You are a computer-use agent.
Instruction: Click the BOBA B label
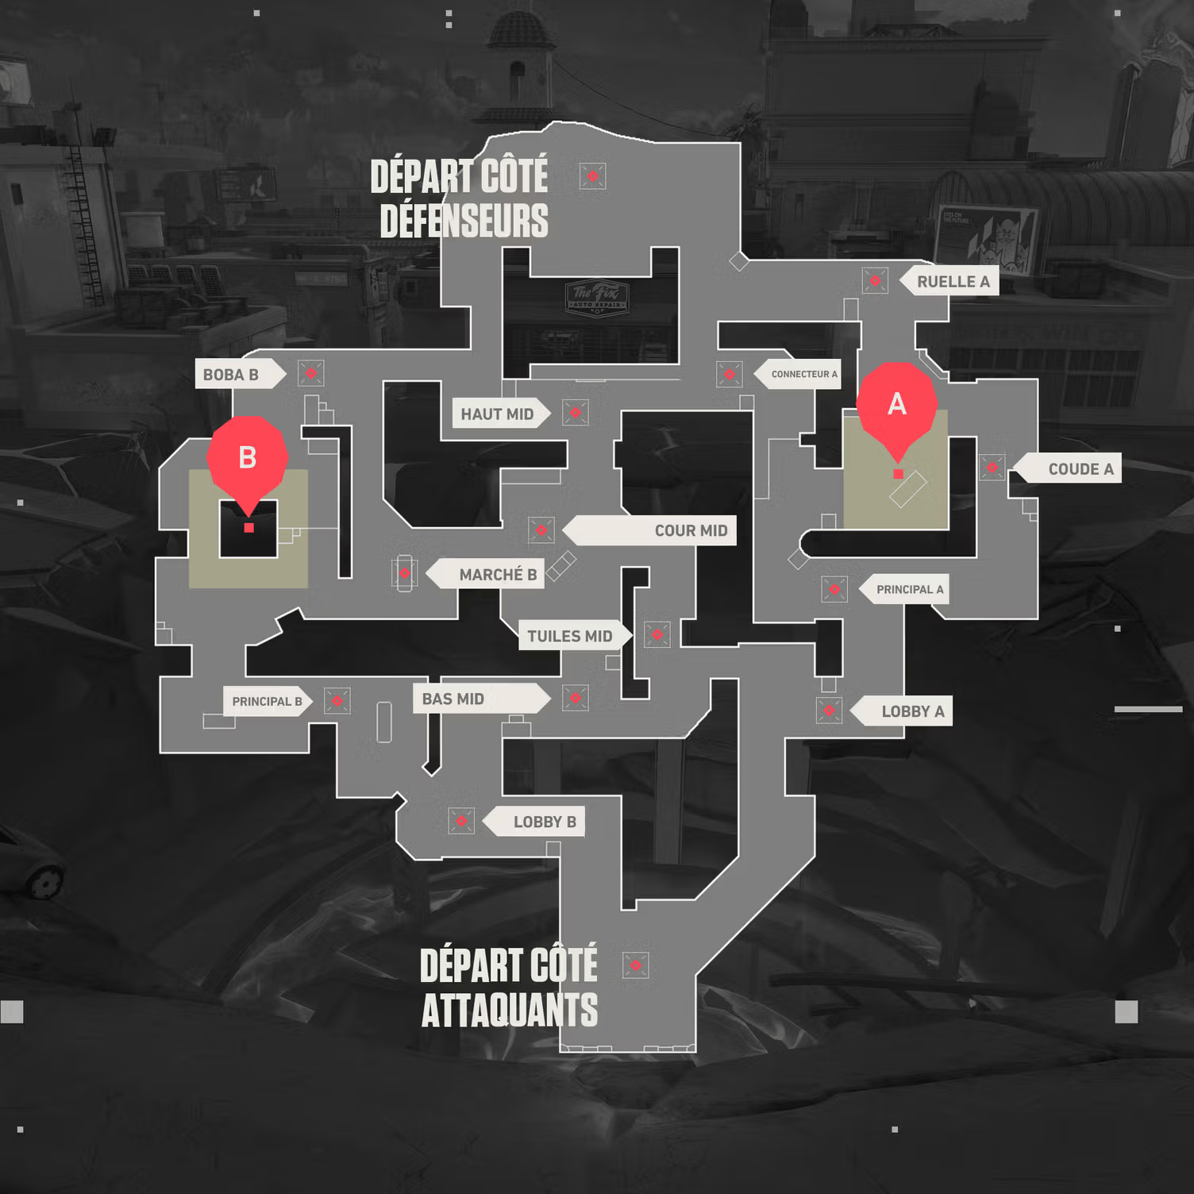point(231,375)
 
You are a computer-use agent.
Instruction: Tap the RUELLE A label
point(953,282)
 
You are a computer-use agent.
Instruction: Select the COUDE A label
point(1080,469)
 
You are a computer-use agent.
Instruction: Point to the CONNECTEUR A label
point(803,374)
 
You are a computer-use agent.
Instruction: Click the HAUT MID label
point(497,414)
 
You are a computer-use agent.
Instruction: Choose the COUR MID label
point(690,531)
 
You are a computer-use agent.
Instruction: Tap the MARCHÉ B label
point(497,575)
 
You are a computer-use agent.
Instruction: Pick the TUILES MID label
point(569,637)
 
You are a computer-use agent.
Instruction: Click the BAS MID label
point(453,699)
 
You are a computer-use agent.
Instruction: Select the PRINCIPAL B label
point(267,702)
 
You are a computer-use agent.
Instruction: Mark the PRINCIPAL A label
point(909,590)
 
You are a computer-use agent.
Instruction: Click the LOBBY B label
point(544,822)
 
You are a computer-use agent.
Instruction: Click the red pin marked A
point(897,405)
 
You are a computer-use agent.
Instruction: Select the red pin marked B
point(247,458)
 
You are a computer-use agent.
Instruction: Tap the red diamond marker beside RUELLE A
point(875,280)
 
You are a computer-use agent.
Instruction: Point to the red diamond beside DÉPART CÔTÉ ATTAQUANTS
point(635,965)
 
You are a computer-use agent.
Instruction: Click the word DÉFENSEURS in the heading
point(464,221)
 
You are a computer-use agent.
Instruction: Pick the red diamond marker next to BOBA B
point(310,373)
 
